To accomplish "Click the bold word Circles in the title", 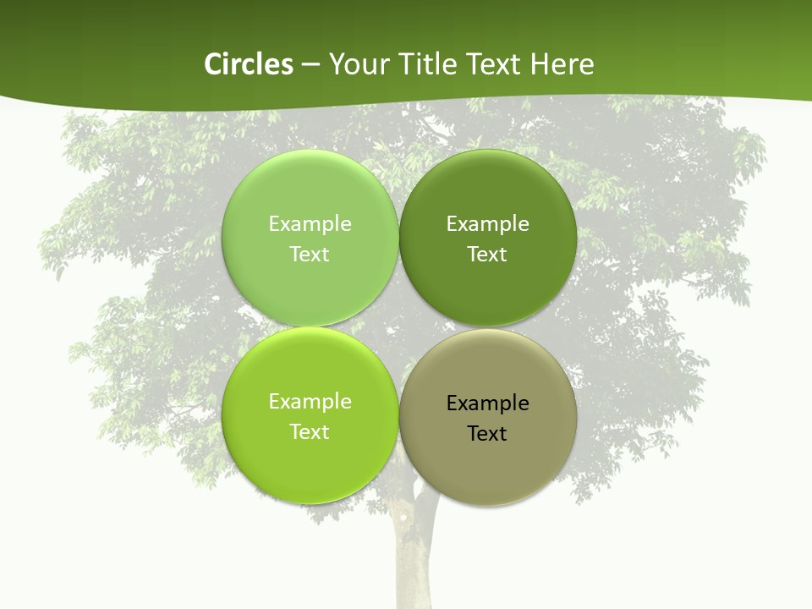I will pos(248,64).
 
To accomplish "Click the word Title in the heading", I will pos(429,64).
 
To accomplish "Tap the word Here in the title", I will pos(562,64).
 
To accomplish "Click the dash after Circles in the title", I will pos(310,65).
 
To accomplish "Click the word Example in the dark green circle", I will pos(487,224).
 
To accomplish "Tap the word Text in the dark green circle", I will pos(487,255).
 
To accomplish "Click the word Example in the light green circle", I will pos(310,224).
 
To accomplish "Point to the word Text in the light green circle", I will pos(310,255).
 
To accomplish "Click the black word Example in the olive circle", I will pos(487,403).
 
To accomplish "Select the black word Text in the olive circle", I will pos(487,434).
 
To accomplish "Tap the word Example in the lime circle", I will pos(310,402).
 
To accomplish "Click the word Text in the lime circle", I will pos(310,432).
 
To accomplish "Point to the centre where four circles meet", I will pos(398,327).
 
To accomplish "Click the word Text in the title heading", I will pos(495,64).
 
